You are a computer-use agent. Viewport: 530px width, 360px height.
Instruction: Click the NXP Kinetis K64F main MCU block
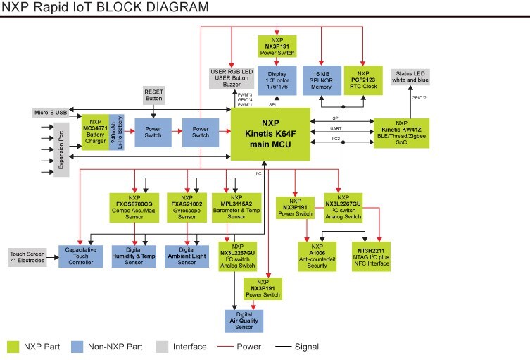pyautogui.click(x=271, y=134)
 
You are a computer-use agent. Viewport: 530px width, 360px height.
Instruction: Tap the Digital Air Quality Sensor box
pyautogui.click(x=243, y=320)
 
